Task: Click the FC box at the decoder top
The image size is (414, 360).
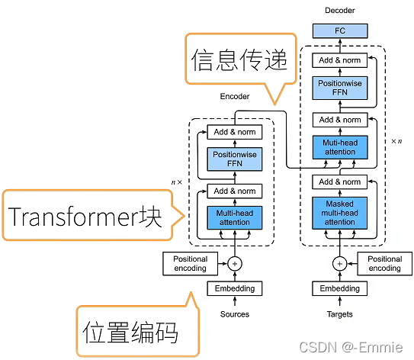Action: point(340,31)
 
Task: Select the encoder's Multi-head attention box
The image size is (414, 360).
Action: point(234,217)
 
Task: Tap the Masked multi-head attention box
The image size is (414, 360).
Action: point(340,213)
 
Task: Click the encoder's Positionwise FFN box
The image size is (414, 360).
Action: point(234,159)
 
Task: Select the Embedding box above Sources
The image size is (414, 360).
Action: point(234,289)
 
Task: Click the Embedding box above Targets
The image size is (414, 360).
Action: point(340,289)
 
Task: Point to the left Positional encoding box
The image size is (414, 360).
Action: point(190,264)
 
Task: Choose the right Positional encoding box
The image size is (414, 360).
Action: point(385,264)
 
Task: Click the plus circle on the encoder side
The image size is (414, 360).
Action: point(234,264)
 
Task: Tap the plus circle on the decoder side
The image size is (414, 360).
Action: point(340,264)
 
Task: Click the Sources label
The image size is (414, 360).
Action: point(234,313)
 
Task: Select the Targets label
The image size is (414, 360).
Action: point(340,313)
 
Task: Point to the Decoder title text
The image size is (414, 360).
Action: point(340,10)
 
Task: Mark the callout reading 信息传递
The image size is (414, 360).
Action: point(239,59)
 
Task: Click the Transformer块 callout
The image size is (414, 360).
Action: point(85,217)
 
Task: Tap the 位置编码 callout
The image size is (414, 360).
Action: point(130,332)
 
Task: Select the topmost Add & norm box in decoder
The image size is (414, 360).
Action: point(340,60)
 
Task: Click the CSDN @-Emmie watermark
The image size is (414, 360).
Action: point(351,347)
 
